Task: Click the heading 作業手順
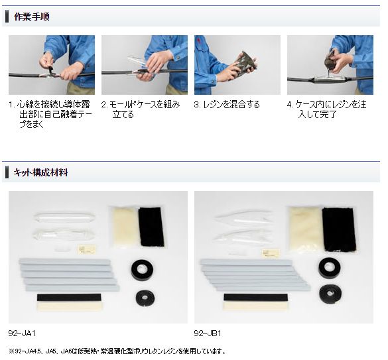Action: coord(31,16)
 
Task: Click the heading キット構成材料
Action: coord(40,172)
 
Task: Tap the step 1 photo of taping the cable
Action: coord(51,65)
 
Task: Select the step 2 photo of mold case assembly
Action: coord(144,65)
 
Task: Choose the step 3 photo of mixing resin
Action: coord(237,65)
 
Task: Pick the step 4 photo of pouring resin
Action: coord(330,65)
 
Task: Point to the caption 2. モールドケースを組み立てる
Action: coord(141,109)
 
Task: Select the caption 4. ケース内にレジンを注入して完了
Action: coord(326,109)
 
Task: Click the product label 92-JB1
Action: coord(208,333)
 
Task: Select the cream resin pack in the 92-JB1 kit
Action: coord(304,228)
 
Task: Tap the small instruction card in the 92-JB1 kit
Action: coord(270,251)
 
